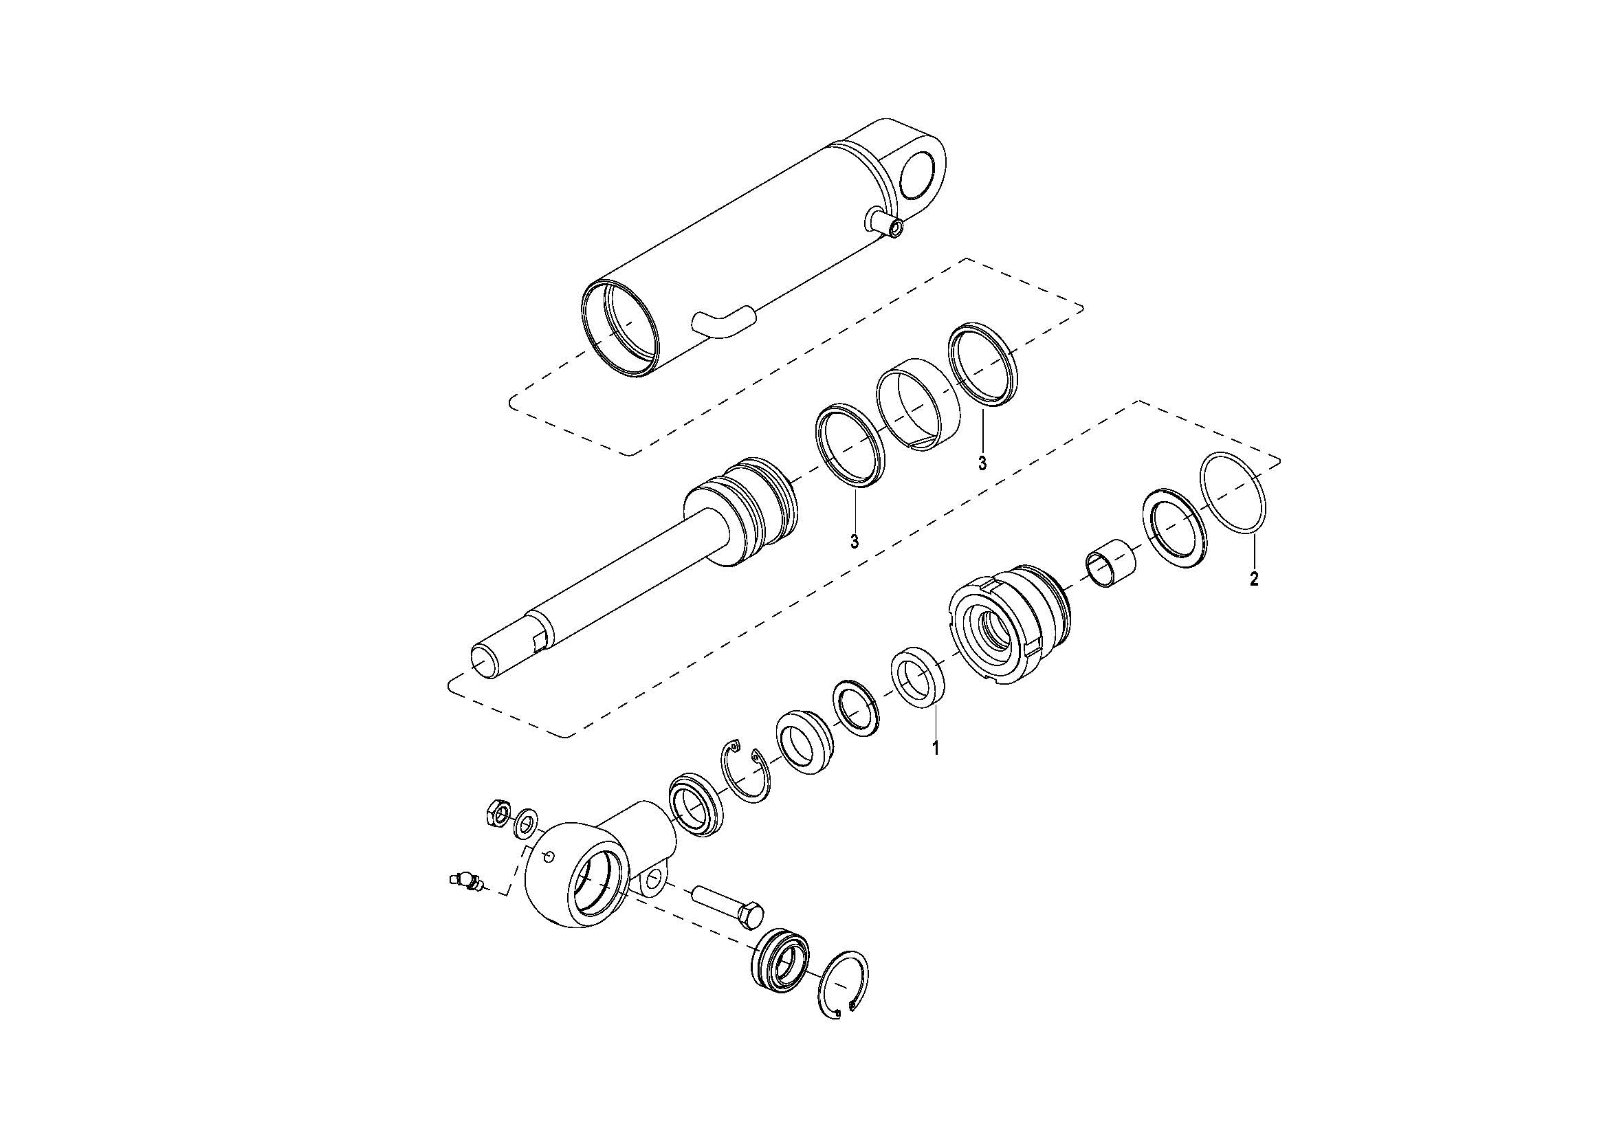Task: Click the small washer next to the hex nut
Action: pos(525,824)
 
